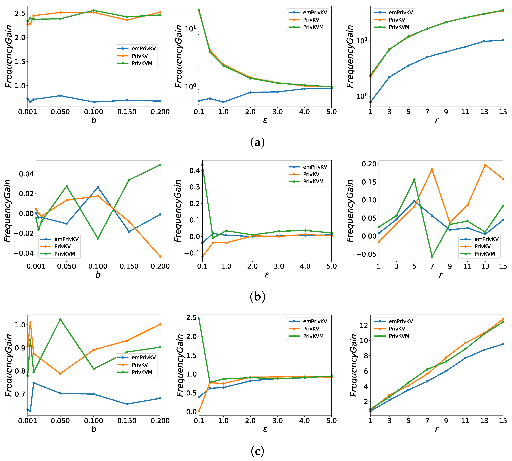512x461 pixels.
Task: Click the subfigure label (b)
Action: pyautogui.click(x=257, y=296)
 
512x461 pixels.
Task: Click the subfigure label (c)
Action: pyautogui.click(x=257, y=451)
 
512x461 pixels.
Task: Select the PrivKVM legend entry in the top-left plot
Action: pyautogui.click(x=142, y=63)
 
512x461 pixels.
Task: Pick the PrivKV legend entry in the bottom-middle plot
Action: pyautogui.click(x=311, y=329)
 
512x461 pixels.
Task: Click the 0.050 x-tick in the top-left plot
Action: pyautogui.click(x=60, y=112)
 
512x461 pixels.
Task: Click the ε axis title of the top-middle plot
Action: pyautogui.click(x=265, y=120)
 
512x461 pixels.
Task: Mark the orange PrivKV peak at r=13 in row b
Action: pyautogui.click(x=485, y=165)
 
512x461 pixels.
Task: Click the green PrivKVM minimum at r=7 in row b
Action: pyautogui.click(x=432, y=257)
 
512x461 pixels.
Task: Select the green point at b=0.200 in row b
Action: pyautogui.click(x=160, y=165)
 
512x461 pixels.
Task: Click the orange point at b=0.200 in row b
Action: pyautogui.click(x=160, y=257)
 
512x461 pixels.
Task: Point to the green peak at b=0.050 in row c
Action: pyautogui.click(x=60, y=319)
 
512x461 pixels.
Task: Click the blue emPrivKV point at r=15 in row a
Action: pyautogui.click(x=503, y=40)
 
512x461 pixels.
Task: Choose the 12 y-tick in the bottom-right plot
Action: pyautogui.click(x=364, y=325)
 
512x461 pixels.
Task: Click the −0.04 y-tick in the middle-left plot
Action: pyautogui.click(x=23, y=253)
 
